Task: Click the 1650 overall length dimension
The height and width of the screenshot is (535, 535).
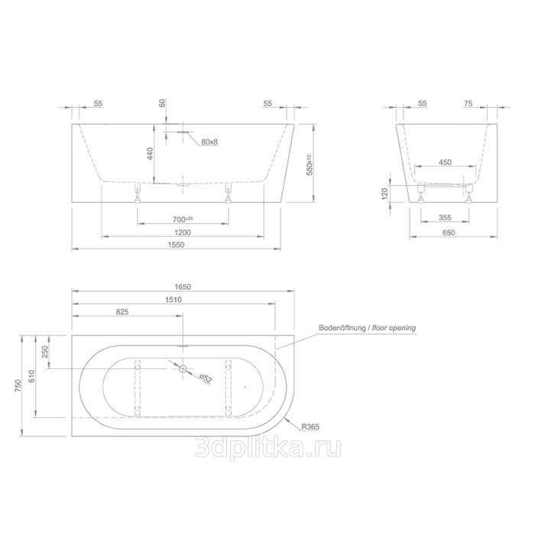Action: click(183, 287)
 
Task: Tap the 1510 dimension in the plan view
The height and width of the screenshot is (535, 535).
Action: click(173, 300)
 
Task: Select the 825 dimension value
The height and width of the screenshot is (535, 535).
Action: click(122, 312)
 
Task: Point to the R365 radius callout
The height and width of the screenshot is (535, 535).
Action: click(310, 426)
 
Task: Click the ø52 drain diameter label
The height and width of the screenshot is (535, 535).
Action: click(206, 379)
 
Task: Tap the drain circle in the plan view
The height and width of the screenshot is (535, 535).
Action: click(183, 368)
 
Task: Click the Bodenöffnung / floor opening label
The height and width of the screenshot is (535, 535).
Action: click(367, 328)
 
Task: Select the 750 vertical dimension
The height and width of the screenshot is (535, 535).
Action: click(18, 385)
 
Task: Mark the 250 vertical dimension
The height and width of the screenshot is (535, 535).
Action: click(45, 352)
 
